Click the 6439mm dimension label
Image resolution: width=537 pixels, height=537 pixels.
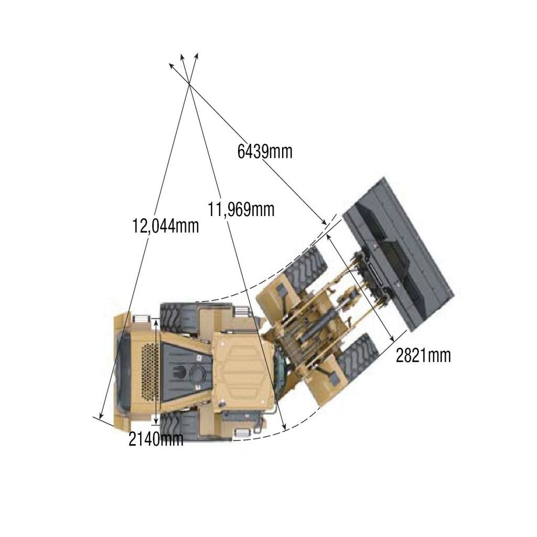tap(265, 152)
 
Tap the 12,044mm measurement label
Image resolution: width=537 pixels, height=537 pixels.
tap(166, 226)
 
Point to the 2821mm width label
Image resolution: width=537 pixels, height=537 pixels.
tap(423, 356)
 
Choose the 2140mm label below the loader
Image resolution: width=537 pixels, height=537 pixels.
tap(156, 439)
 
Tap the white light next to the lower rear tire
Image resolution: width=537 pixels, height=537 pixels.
tap(242, 433)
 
